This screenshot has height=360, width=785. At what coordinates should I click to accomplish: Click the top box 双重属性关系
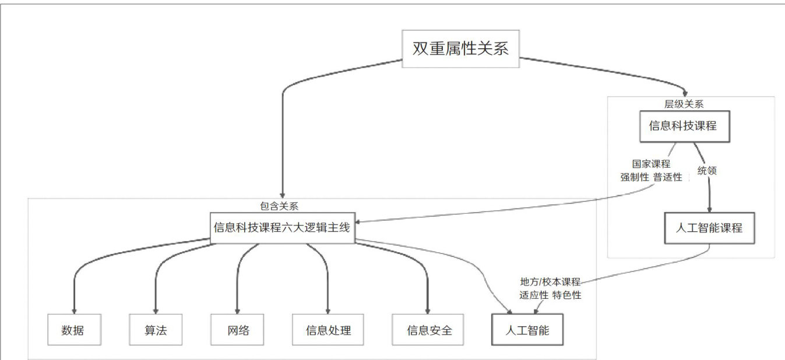tap(460, 48)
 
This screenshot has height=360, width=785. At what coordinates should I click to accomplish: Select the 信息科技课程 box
tap(684, 125)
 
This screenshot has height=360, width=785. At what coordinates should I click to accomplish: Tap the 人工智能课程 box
tap(709, 228)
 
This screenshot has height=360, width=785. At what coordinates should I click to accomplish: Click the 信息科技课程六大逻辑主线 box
tap(282, 227)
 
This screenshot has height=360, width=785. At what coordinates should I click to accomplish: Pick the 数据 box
tap(72, 330)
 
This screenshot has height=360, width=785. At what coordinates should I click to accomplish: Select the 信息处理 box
tap(329, 330)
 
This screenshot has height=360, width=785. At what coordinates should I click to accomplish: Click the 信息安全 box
tap(430, 330)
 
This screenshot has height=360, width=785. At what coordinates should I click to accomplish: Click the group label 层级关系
tap(684, 104)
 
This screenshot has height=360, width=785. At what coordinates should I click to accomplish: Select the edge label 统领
tap(707, 171)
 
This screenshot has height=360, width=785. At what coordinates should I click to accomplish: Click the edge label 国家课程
tap(652, 165)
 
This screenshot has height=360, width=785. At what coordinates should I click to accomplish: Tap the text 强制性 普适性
tap(652, 177)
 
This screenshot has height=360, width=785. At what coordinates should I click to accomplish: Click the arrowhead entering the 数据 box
tap(74, 311)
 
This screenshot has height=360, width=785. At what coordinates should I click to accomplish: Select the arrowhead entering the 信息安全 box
tap(428, 311)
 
